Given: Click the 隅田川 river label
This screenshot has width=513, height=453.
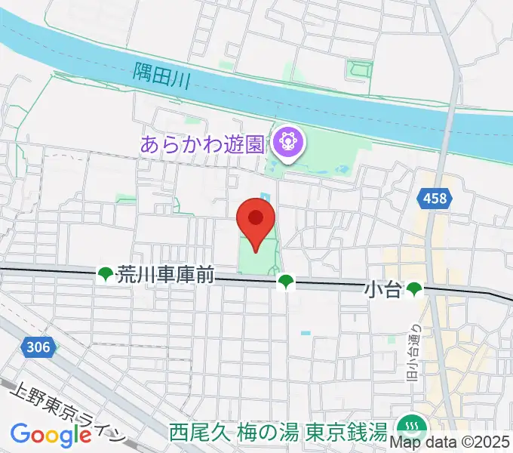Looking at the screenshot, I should click(x=164, y=75).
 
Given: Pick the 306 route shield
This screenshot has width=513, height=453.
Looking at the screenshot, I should click(x=40, y=347).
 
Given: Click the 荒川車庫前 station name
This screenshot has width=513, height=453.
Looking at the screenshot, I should click(x=164, y=276).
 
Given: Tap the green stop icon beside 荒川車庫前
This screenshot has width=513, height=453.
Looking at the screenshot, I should click(x=105, y=276).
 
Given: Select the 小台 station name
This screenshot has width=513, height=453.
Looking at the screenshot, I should click(x=382, y=288).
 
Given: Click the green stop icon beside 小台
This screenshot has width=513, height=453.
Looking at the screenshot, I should click(x=413, y=288).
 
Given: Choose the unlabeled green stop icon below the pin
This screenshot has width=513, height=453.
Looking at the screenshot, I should click(x=285, y=282).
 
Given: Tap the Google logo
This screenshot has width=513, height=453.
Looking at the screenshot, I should click(x=51, y=435).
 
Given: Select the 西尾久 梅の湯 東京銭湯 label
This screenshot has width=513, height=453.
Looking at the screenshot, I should click(x=278, y=433).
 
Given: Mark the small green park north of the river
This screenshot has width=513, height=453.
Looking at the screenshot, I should click(x=359, y=69).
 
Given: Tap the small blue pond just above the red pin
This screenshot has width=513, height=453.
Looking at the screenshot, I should click(x=265, y=198).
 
